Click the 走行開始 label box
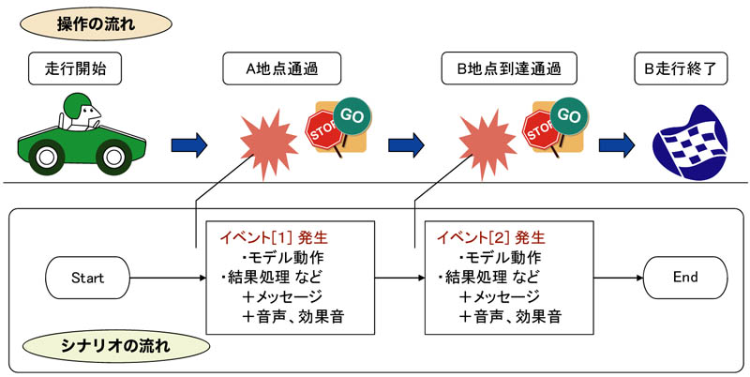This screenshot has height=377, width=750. coord(75,68)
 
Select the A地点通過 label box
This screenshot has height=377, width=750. coord(282,68)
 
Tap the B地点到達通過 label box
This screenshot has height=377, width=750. coord(509,68)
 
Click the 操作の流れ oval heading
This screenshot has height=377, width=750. coord(97,24)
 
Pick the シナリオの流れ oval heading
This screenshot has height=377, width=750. coord(116,346)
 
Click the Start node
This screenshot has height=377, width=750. coord(87,278)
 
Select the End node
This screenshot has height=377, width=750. coord(685,278)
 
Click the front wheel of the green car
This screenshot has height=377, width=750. coord(113,156)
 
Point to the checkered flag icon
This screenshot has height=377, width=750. coord(689,143)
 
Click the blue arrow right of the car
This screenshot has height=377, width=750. coord(189,145)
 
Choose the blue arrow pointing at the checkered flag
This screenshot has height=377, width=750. coord(617,145)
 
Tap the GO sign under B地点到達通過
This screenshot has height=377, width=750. coord(569,116)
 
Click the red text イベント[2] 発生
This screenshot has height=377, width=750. coord(490,237)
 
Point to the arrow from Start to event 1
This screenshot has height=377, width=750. coord(168,278)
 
